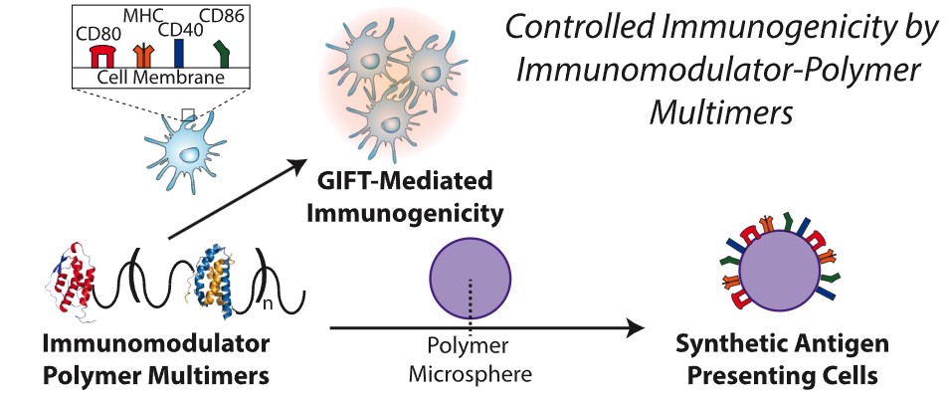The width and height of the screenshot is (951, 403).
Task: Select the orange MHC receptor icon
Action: (145, 54)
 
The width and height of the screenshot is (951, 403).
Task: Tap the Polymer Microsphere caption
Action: (470, 364)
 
